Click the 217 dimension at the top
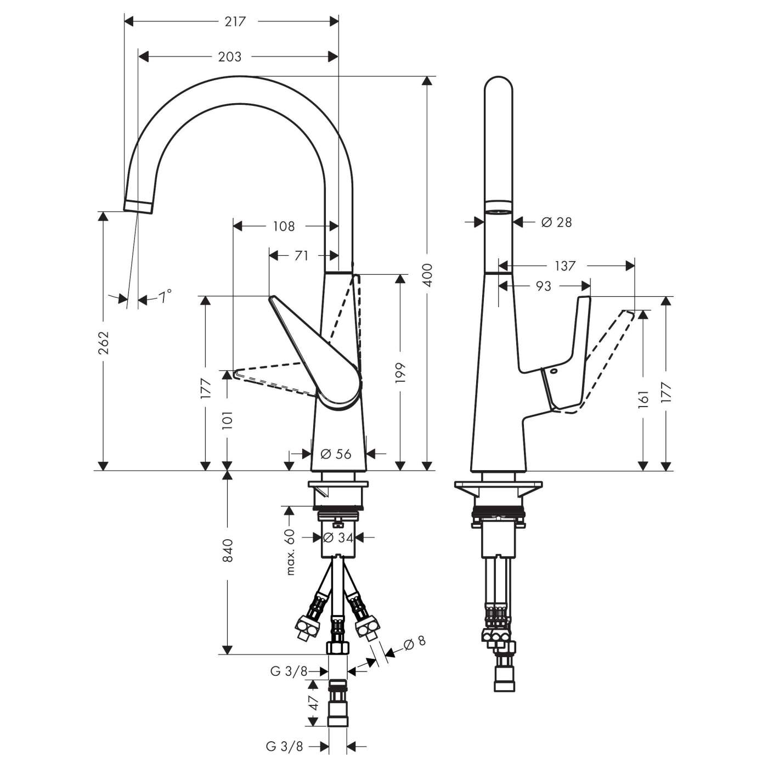click(x=235, y=22)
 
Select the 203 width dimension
click(x=229, y=57)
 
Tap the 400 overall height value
click(x=428, y=275)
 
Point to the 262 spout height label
click(x=103, y=342)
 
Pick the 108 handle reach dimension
click(x=284, y=226)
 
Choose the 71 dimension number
click(x=301, y=256)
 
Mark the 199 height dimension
click(x=400, y=372)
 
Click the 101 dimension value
click(x=228, y=419)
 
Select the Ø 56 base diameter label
click(x=335, y=454)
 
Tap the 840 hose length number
click(x=228, y=550)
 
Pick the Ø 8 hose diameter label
click(x=414, y=642)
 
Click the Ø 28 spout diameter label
click(x=556, y=222)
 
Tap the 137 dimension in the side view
click(x=565, y=266)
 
